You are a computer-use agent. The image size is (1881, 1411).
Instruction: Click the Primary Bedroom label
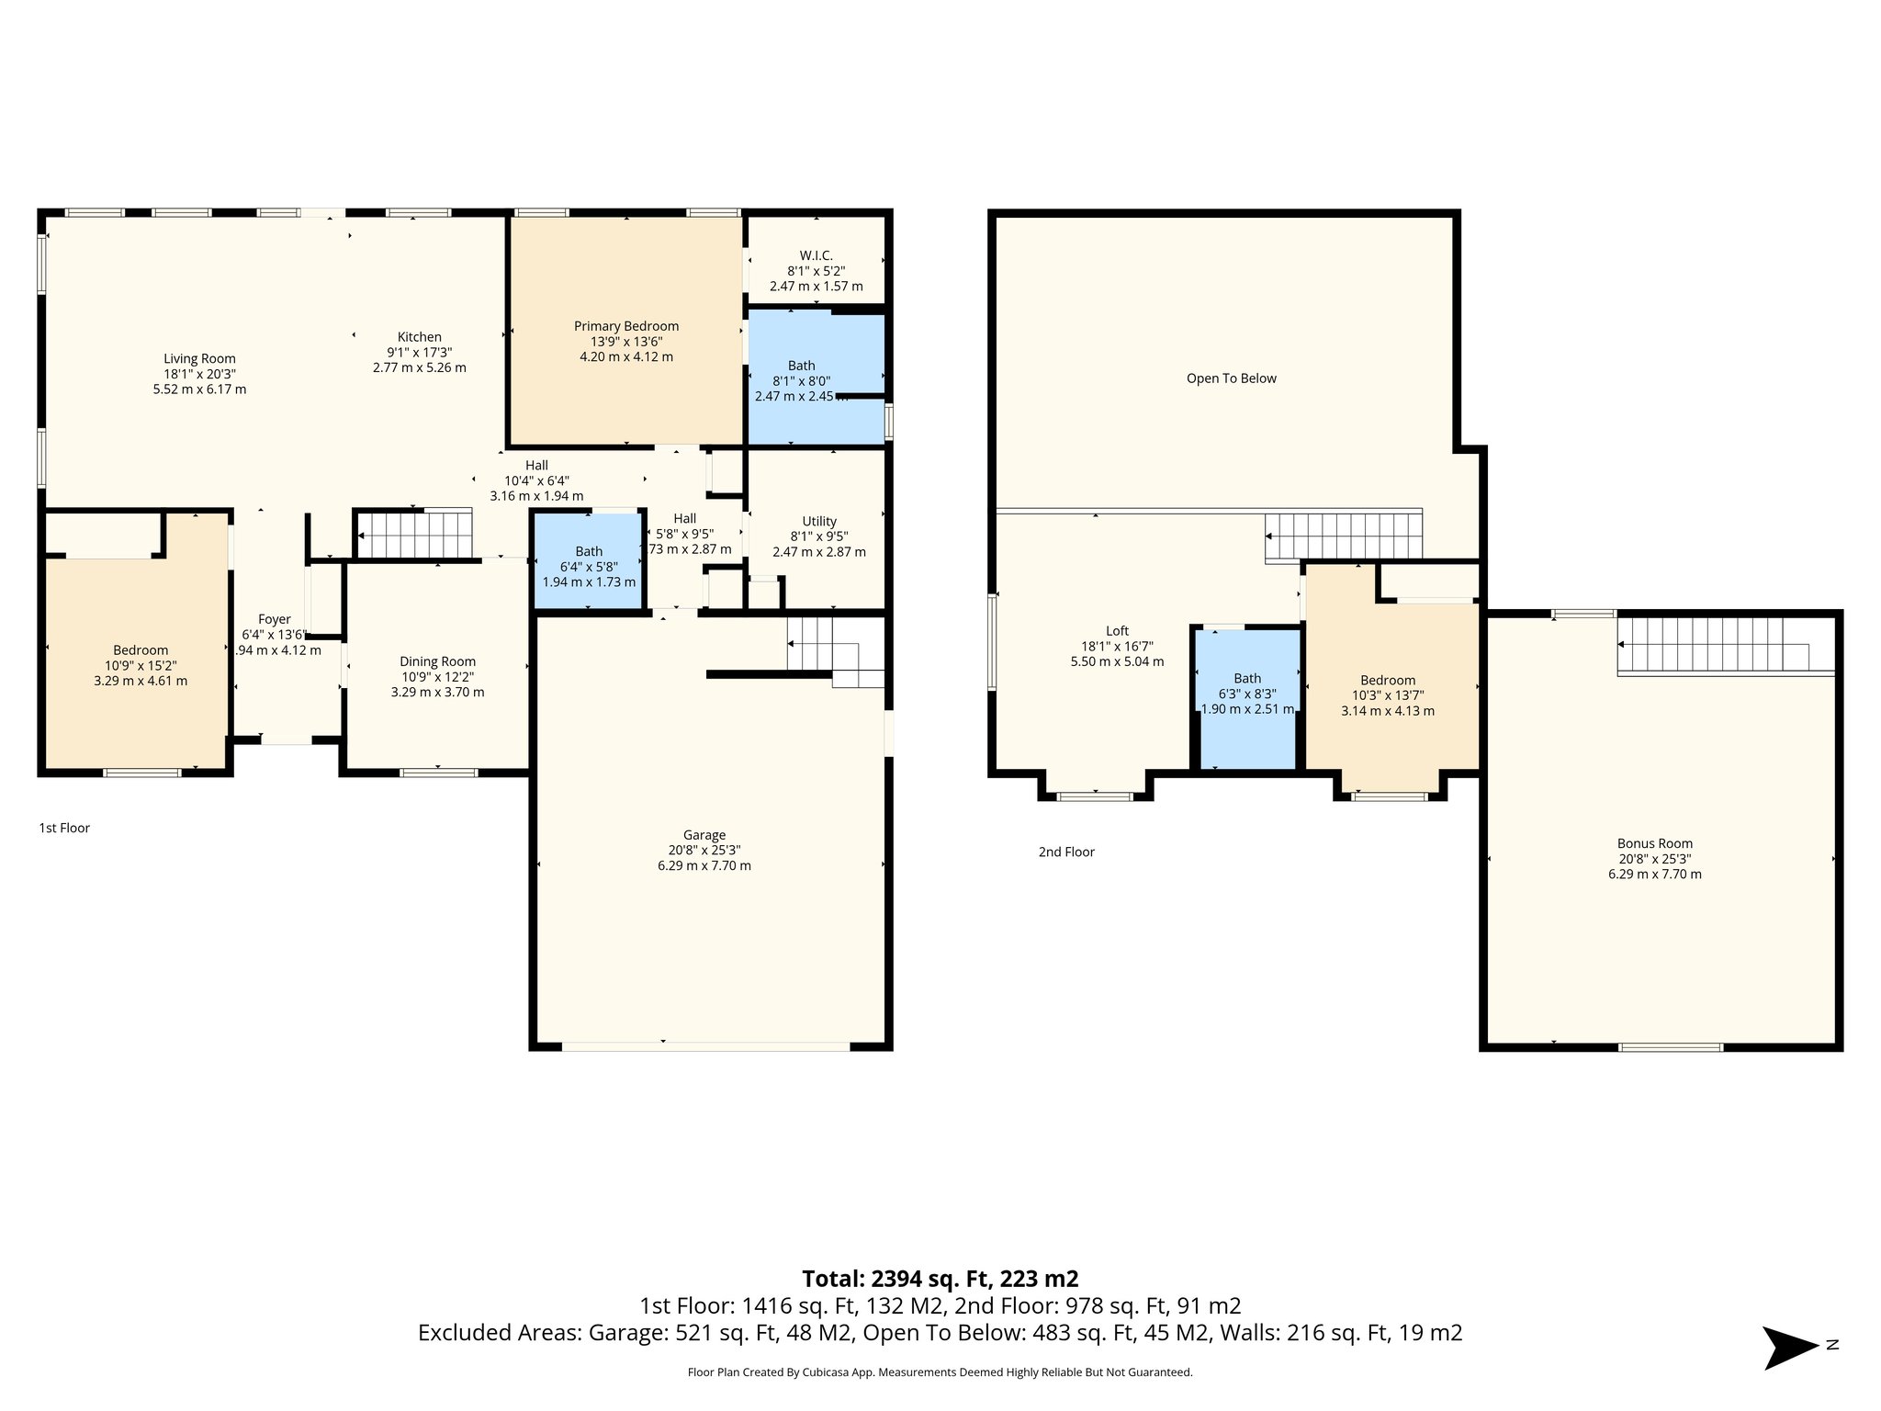[625, 326]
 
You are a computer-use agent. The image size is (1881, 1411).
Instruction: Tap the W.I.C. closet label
[816, 255]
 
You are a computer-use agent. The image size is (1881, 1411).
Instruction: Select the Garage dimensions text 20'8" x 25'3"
[704, 851]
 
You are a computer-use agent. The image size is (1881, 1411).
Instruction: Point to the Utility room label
[819, 521]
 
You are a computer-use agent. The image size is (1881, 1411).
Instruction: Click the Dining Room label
[437, 661]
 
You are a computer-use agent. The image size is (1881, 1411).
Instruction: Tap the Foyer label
[274, 620]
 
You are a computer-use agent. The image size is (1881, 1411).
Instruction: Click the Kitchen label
[419, 337]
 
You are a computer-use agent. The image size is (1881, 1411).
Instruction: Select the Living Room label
[199, 359]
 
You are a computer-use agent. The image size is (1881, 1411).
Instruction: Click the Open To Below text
[1231, 378]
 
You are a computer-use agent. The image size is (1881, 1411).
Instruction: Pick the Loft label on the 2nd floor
[1117, 631]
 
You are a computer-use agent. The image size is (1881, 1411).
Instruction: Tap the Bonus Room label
[1654, 843]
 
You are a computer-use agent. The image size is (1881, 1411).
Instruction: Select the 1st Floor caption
[64, 828]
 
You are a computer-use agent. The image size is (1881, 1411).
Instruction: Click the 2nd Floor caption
[1066, 852]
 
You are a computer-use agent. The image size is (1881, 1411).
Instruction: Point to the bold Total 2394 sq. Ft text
[940, 1279]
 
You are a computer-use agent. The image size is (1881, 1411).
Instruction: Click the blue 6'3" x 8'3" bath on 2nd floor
[1247, 698]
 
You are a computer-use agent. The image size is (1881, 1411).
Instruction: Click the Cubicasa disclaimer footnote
[940, 1372]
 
